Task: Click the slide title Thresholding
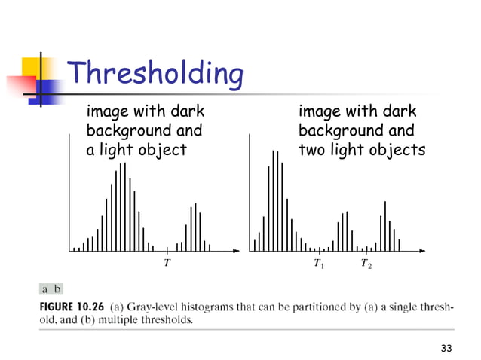[x=155, y=74]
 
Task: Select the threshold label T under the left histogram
[x=166, y=264]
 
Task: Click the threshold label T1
[x=318, y=264]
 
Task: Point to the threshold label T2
[x=366, y=264]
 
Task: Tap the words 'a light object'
[x=136, y=149]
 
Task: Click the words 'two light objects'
[x=362, y=149]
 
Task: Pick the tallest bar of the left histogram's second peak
[x=196, y=226]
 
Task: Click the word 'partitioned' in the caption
[x=318, y=307]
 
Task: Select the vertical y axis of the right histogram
[x=250, y=192]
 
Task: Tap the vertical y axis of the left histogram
[x=69, y=192]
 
